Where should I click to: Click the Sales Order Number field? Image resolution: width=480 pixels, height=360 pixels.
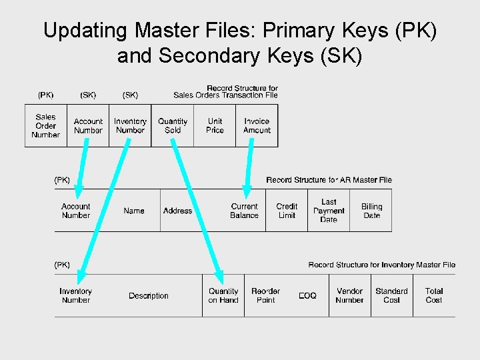click(x=45, y=126)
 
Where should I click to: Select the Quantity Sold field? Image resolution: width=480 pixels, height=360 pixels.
click(x=173, y=126)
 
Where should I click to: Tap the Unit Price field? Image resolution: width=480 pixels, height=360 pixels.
click(x=215, y=126)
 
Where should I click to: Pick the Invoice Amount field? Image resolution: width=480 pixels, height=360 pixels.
click(x=257, y=126)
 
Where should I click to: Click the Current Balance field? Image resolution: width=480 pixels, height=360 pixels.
click(x=244, y=211)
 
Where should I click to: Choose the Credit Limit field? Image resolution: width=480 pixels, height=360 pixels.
click(x=287, y=211)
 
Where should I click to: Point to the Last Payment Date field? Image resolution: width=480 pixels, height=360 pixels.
click(x=329, y=211)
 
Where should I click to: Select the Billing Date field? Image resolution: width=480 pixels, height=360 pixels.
click(x=371, y=211)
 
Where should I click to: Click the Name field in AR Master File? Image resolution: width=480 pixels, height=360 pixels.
click(x=133, y=211)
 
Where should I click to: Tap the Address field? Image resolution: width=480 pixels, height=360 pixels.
click(x=177, y=211)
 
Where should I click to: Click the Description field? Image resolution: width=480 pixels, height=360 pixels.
click(x=149, y=296)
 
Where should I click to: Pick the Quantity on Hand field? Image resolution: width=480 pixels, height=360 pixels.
click(x=223, y=296)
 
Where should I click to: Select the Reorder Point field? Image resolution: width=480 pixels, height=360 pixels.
click(x=265, y=296)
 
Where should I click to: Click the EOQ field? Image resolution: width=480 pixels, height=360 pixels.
click(x=307, y=296)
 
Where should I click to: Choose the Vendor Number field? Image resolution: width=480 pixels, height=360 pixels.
click(x=349, y=296)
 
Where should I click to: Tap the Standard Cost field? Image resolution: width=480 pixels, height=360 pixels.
click(x=391, y=296)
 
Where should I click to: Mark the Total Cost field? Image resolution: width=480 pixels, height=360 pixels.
click(x=434, y=296)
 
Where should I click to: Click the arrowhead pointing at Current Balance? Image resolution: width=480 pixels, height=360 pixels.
click(x=247, y=193)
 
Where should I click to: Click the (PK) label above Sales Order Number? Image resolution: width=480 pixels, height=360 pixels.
click(x=45, y=95)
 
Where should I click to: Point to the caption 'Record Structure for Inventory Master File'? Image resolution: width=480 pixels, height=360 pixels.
click(x=381, y=265)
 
